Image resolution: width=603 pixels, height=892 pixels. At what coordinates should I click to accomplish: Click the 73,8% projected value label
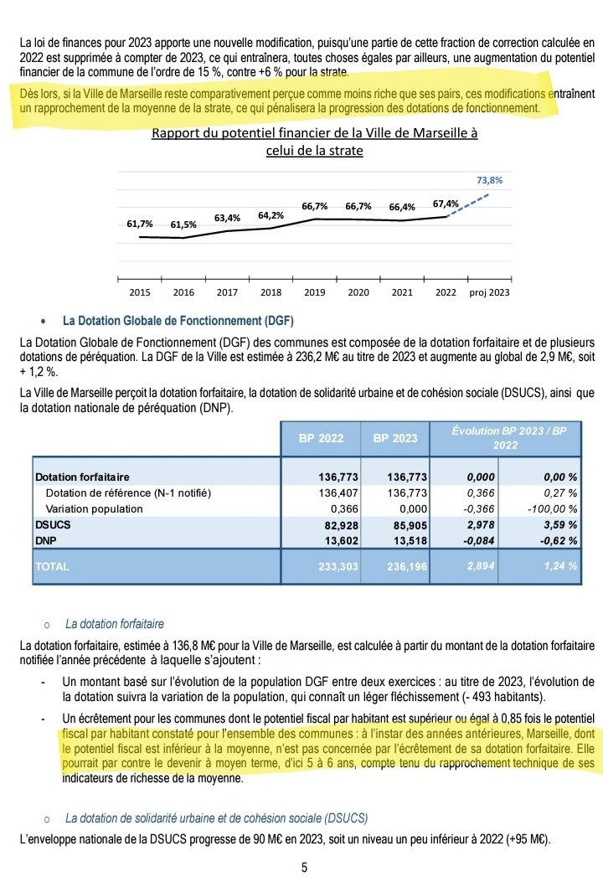pyautogui.click(x=490, y=179)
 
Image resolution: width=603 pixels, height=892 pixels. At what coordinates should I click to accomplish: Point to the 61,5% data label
pyautogui.click(x=183, y=225)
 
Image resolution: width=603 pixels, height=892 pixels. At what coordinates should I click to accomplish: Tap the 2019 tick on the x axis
pyautogui.click(x=315, y=292)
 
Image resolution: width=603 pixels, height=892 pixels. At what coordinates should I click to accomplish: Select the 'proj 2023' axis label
pyautogui.click(x=490, y=292)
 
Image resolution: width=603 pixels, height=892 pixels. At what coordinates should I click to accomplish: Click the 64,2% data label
pyautogui.click(x=271, y=214)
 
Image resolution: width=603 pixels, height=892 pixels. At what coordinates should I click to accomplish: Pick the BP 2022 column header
pyautogui.click(x=320, y=438)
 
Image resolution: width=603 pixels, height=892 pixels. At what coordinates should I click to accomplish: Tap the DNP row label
pyautogui.click(x=48, y=539)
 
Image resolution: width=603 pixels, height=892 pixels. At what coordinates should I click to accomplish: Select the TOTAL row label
pyautogui.click(x=53, y=566)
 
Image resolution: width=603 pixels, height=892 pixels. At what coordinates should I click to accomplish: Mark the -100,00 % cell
pyautogui.click(x=551, y=508)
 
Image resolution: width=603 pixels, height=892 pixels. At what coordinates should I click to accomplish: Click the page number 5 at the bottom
pyautogui.click(x=304, y=868)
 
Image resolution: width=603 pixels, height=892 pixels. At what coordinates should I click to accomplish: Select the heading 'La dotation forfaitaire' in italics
pyautogui.click(x=114, y=624)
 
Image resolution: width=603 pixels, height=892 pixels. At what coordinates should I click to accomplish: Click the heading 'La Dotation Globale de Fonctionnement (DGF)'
pyautogui.click(x=178, y=321)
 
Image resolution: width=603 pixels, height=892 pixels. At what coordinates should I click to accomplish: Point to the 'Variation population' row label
pyautogui.click(x=99, y=508)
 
